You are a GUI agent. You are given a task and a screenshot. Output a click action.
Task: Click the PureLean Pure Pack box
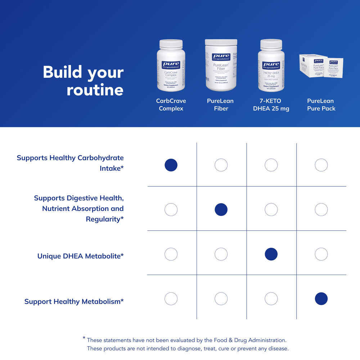(321, 67)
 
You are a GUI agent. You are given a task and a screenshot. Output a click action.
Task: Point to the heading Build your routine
(83, 81)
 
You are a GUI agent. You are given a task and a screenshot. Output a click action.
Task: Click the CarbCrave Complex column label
(171, 105)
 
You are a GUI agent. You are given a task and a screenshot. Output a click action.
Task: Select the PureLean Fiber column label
(221, 105)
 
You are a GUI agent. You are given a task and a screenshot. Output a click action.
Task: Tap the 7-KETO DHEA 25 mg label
(271, 105)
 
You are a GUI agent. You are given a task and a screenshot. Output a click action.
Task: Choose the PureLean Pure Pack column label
(321, 105)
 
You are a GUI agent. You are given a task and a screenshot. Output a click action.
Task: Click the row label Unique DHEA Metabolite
(81, 256)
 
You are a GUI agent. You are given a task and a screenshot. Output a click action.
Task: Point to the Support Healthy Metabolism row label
(74, 301)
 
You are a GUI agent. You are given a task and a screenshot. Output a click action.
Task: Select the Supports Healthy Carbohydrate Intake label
(70, 163)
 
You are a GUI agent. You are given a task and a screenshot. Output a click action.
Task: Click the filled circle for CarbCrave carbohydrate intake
(171, 165)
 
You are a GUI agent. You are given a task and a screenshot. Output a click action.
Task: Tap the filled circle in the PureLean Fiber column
(221, 210)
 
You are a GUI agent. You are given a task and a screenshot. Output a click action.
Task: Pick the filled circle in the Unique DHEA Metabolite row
(271, 254)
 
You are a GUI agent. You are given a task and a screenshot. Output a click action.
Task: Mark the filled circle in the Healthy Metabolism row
(321, 299)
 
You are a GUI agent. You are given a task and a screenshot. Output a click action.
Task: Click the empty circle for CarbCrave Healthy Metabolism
(171, 299)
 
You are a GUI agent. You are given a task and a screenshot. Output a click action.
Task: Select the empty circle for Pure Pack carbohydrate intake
(321, 165)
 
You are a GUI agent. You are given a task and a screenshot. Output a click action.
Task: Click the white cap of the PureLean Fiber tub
(221, 42)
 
